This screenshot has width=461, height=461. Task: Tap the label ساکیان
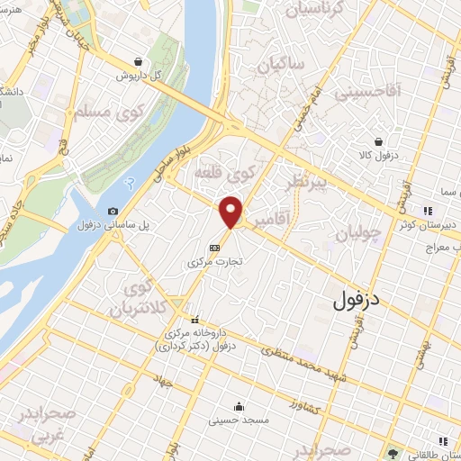(x=281, y=65)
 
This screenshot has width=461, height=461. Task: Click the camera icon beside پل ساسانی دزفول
(x=113, y=212)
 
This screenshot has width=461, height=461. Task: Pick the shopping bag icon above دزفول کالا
(x=380, y=141)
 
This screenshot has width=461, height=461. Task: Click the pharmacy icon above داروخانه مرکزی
(x=194, y=319)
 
